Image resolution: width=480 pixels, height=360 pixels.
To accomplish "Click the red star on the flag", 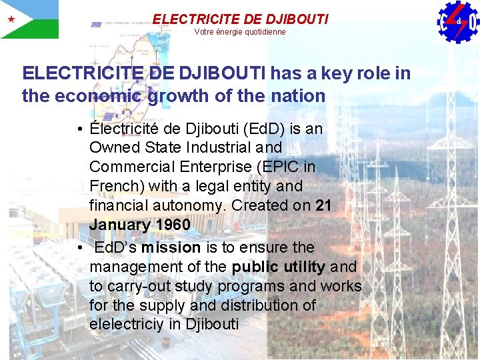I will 11,19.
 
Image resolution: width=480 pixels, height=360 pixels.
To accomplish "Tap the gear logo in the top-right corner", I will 459,22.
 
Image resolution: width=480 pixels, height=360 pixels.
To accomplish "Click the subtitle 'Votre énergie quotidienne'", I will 240,32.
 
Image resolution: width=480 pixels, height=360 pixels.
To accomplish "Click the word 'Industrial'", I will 225,147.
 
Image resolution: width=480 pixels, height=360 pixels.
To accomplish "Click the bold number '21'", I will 323,205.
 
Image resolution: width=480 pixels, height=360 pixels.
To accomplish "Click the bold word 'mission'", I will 171,247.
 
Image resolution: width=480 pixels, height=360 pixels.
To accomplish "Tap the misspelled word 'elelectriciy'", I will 131,325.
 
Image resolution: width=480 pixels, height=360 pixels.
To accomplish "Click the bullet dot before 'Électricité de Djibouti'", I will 79,128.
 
